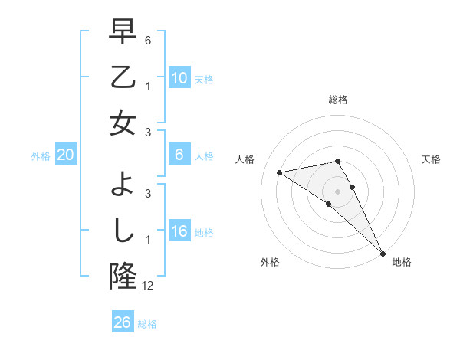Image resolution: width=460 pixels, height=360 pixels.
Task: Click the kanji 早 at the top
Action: point(123,33)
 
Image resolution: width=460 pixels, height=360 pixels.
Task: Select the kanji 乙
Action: point(123,77)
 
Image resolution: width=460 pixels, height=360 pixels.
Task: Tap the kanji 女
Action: point(123,123)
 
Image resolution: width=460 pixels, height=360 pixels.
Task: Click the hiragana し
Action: point(123,231)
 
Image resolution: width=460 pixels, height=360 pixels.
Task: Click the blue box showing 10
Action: point(179,79)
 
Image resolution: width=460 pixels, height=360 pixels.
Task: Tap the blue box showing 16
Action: point(179,232)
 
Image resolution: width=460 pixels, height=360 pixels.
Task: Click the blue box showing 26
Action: point(122,322)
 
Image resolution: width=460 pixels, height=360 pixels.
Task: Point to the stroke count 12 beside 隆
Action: point(148,286)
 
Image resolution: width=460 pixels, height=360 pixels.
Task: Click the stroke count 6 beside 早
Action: point(148,39)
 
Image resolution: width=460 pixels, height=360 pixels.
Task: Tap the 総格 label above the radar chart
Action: point(338,100)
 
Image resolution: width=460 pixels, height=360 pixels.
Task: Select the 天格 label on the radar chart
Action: point(431,159)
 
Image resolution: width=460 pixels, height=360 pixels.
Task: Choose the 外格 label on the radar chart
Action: point(270,262)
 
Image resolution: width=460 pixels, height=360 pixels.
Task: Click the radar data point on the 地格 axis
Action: point(382,253)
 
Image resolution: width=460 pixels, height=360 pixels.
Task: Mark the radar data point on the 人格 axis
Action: point(280,172)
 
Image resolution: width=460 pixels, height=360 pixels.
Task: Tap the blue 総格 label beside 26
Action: point(147,323)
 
